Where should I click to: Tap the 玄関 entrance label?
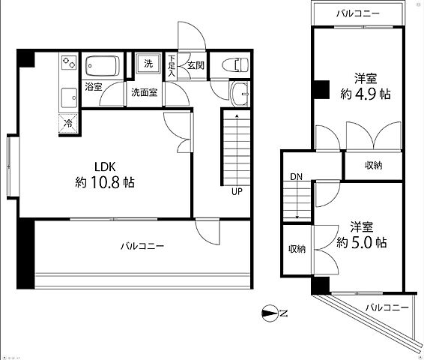[195, 64]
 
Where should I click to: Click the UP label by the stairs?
[236, 191]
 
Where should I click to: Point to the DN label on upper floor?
[296, 178]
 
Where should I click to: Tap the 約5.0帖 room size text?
[362, 242]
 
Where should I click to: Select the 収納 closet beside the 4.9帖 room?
[374, 165]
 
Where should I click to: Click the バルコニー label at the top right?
[357, 13]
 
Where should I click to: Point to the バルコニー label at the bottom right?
[387, 307]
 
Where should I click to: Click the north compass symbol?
[273, 313]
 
